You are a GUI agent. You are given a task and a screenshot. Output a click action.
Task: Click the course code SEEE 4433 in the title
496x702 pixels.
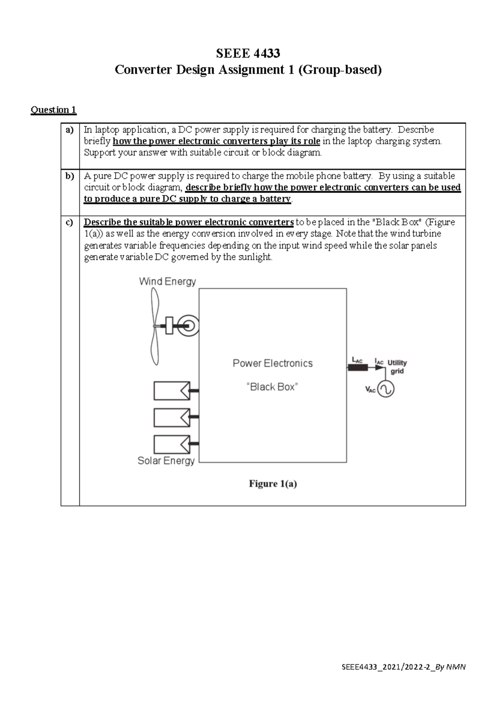[x=248, y=53]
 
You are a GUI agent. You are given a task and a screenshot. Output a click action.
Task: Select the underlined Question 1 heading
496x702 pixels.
[x=53, y=110]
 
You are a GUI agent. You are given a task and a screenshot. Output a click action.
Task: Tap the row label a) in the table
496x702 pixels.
[x=69, y=130]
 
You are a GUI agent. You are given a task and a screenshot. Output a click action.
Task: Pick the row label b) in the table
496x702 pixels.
[x=69, y=176]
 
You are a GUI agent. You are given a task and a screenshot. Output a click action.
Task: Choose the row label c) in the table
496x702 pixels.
[x=69, y=222]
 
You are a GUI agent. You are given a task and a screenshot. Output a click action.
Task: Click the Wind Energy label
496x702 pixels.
[x=167, y=282]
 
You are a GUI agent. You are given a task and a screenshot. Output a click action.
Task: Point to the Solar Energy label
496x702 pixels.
[x=166, y=461]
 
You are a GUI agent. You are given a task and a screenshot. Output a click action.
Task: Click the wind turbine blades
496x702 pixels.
[x=155, y=327]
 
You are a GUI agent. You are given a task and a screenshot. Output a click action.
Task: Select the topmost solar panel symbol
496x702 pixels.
[x=172, y=391]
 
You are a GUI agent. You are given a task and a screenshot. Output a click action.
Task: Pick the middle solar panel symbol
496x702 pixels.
[x=172, y=418]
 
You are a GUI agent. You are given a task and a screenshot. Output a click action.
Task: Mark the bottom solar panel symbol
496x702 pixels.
[x=172, y=444]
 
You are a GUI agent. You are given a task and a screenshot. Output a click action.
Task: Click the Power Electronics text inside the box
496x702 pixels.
[x=273, y=363]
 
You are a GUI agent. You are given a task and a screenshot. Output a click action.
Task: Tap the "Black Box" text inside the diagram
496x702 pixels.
[x=272, y=387]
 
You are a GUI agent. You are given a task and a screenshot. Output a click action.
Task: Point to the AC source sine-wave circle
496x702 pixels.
[x=386, y=389]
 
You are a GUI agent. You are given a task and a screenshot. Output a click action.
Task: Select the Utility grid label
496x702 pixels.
[x=397, y=367]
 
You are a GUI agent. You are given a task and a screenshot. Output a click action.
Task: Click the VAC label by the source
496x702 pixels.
[x=370, y=389]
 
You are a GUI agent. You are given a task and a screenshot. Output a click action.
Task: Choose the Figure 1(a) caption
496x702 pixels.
[x=273, y=484]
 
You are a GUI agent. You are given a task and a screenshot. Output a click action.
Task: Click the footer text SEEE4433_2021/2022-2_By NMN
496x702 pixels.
[x=403, y=667]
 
